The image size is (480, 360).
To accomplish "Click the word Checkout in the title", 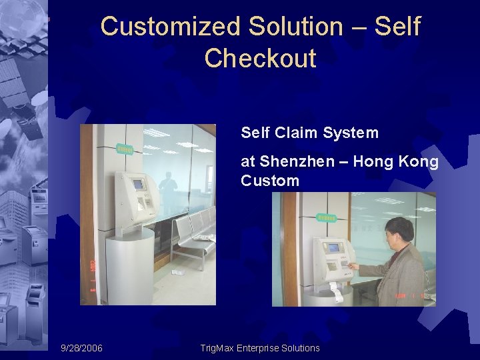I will (260, 59).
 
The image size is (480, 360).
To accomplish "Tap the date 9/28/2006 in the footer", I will (81, 348).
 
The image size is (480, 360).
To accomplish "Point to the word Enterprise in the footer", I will (267, 348).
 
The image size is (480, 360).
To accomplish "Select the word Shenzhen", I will (292, 162).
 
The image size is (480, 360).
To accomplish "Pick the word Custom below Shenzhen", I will (270, 181).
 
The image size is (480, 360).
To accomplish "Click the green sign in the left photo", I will (123, 149).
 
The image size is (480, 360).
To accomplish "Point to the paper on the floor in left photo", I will (178, 272).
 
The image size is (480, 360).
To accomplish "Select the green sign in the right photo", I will (325, 217).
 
